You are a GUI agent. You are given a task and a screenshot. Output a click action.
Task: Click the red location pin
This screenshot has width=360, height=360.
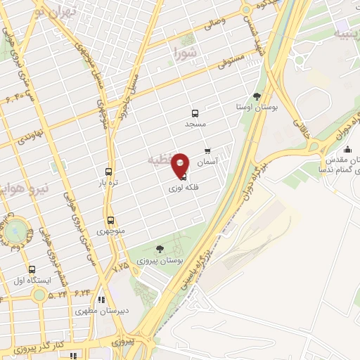180,164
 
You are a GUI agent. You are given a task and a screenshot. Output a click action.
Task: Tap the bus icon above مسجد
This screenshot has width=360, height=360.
195,113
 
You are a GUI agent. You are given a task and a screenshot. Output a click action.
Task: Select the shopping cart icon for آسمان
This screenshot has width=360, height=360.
207,151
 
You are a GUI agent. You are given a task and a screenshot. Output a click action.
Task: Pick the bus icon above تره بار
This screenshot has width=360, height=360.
108,171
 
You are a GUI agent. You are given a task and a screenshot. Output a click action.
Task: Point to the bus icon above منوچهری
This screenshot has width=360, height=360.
110,220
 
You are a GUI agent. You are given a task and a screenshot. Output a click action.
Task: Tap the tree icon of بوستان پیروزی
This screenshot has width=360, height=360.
159,248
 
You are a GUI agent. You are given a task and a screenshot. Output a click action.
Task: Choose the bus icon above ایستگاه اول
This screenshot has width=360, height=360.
32,269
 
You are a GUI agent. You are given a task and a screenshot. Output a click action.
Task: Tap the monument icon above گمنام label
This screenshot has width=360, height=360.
347,149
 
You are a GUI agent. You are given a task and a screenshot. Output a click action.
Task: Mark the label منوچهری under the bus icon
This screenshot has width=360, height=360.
110,231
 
